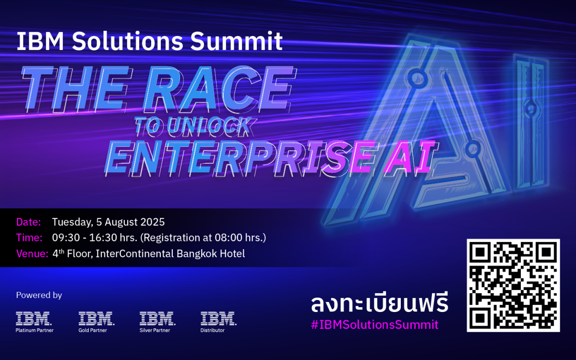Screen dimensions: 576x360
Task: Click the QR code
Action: [513, 285]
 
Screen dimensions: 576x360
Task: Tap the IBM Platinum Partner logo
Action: [35, 322]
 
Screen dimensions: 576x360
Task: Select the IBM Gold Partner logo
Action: [96, 322]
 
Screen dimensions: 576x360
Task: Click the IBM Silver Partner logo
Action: [157, 322]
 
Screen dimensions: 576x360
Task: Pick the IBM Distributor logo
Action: [218, 322]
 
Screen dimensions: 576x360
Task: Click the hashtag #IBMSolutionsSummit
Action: [375, 324]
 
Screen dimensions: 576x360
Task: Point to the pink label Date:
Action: [28, 222]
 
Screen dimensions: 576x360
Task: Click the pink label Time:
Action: [29, 238]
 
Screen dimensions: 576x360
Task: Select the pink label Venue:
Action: [32, 253]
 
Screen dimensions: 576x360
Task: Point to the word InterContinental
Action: [135, 253]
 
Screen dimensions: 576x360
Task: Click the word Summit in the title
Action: [236, 41]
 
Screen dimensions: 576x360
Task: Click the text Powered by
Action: [39, 295]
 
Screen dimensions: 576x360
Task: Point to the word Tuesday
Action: [72, 222]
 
